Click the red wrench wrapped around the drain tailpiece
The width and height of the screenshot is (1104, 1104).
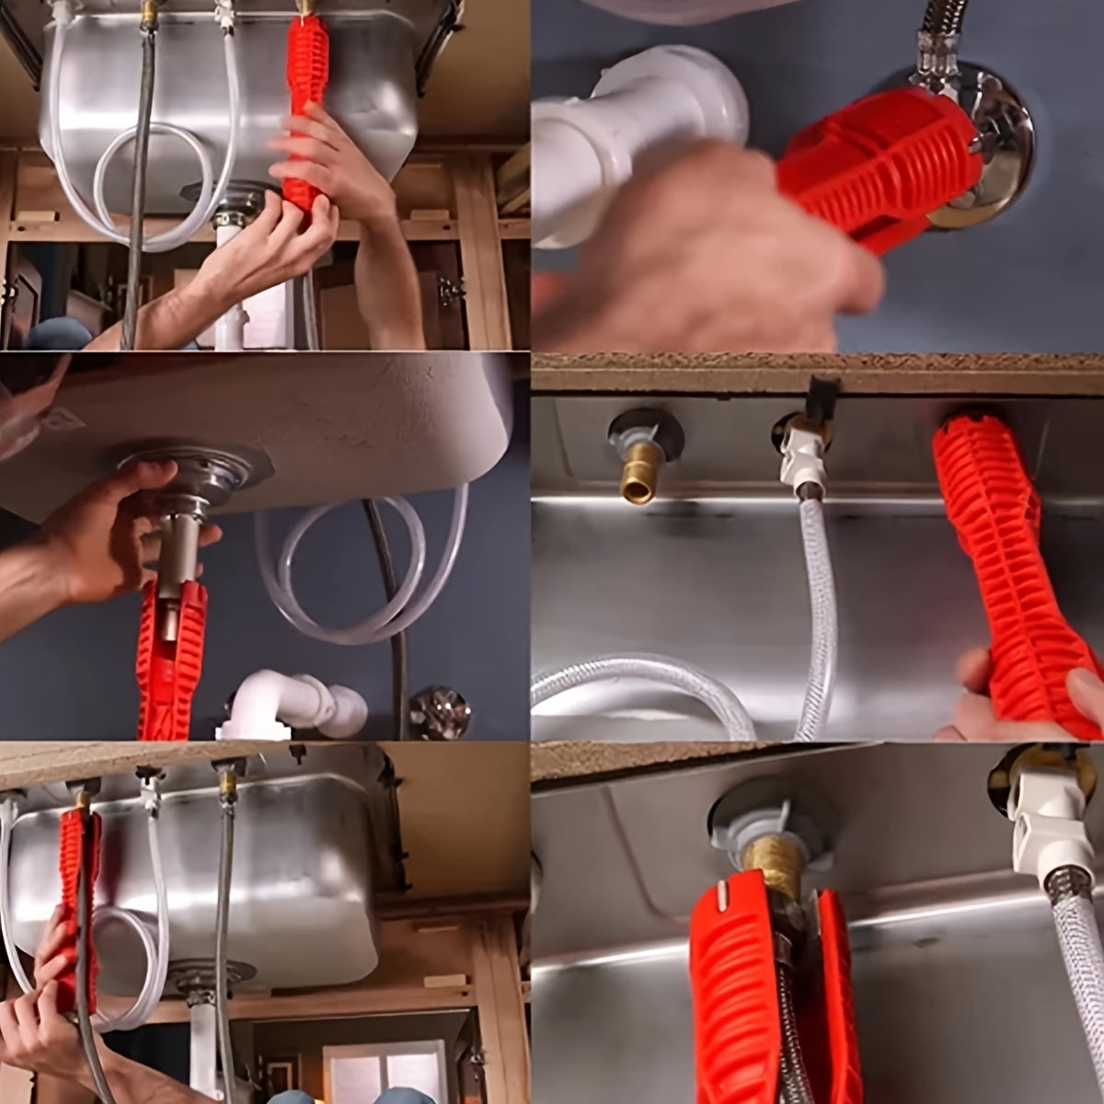170,658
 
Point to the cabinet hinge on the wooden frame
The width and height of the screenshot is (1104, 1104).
448,292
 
